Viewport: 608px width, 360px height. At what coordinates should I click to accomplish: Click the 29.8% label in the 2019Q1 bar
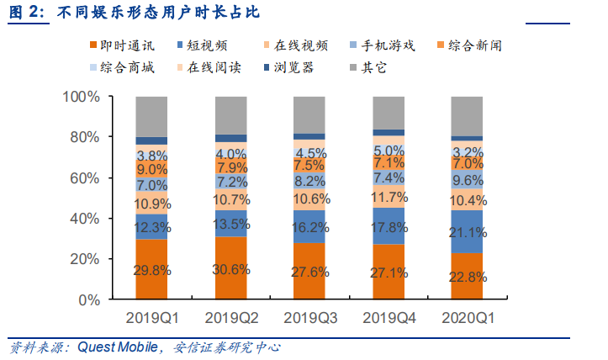click(x=151, y=270)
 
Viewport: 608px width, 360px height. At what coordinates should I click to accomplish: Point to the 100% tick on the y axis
click(x=82, y=98)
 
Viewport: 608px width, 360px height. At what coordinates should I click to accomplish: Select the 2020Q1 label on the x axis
click(x=468, y=319)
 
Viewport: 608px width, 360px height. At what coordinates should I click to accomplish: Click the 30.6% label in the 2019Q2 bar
click(x=230, y=270)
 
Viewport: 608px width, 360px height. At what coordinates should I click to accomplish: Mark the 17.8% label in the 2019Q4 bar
click(x=389, y=227)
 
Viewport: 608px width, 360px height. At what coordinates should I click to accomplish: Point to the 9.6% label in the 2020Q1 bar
click(x=468, y=180)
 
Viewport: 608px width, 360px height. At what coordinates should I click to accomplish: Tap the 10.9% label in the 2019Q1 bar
click(x=151, y=204)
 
